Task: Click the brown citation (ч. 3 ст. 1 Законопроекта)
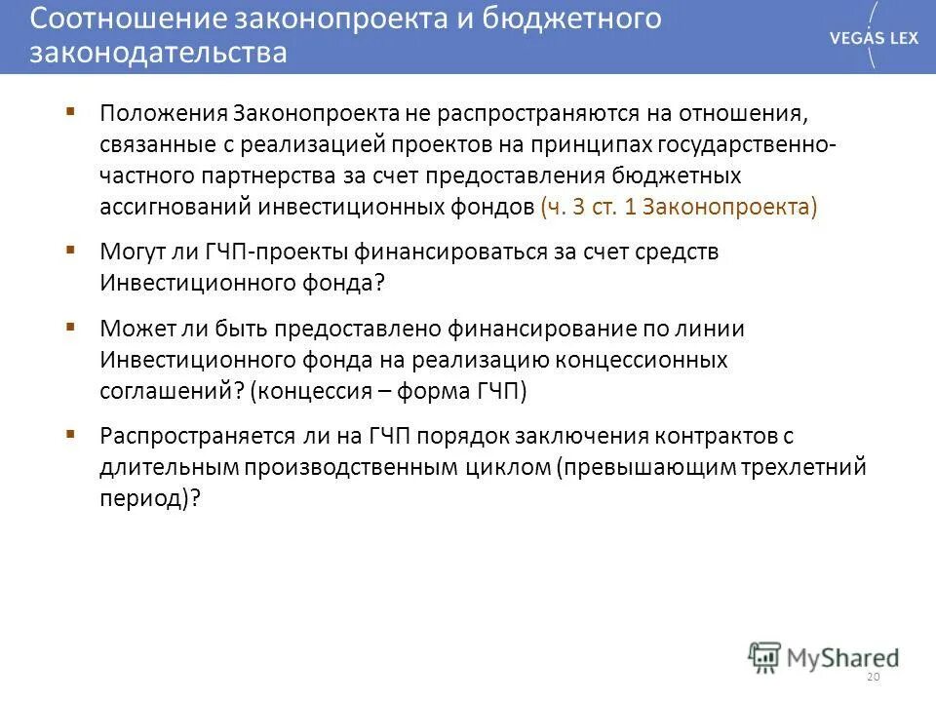[x=678, y=207]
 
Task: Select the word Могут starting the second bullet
[x=136, y=252]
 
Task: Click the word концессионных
[x=642, y=360]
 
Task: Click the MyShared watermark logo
[x=824, y=656]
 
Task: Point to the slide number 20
[x=872, y=677]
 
